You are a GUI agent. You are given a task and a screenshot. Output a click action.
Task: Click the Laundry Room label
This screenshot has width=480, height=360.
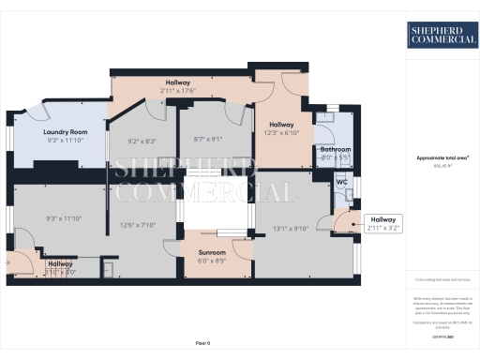[66, 132]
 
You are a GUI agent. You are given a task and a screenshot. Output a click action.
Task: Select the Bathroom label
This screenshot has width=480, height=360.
[335, 149]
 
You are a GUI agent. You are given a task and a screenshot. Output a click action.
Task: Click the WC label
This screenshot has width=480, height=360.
[342, 181]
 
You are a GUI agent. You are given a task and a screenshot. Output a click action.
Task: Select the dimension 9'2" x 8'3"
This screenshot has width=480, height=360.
[142, 142]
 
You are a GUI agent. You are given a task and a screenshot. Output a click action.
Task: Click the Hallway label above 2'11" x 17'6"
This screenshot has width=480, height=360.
[177, 82]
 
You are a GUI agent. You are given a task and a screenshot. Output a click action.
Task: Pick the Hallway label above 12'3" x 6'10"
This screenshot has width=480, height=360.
[282, 125]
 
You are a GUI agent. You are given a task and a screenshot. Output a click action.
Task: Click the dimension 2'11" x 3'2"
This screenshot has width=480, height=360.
[383, 228]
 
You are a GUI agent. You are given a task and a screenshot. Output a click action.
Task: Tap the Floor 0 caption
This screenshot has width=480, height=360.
[203, 343]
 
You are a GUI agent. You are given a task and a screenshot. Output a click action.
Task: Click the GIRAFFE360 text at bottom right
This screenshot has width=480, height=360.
[441, 336]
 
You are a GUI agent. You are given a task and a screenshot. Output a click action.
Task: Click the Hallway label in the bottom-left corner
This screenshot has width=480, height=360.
[60, 263]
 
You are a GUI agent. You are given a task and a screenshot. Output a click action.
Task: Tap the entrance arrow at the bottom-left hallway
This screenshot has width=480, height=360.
[7, 264]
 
